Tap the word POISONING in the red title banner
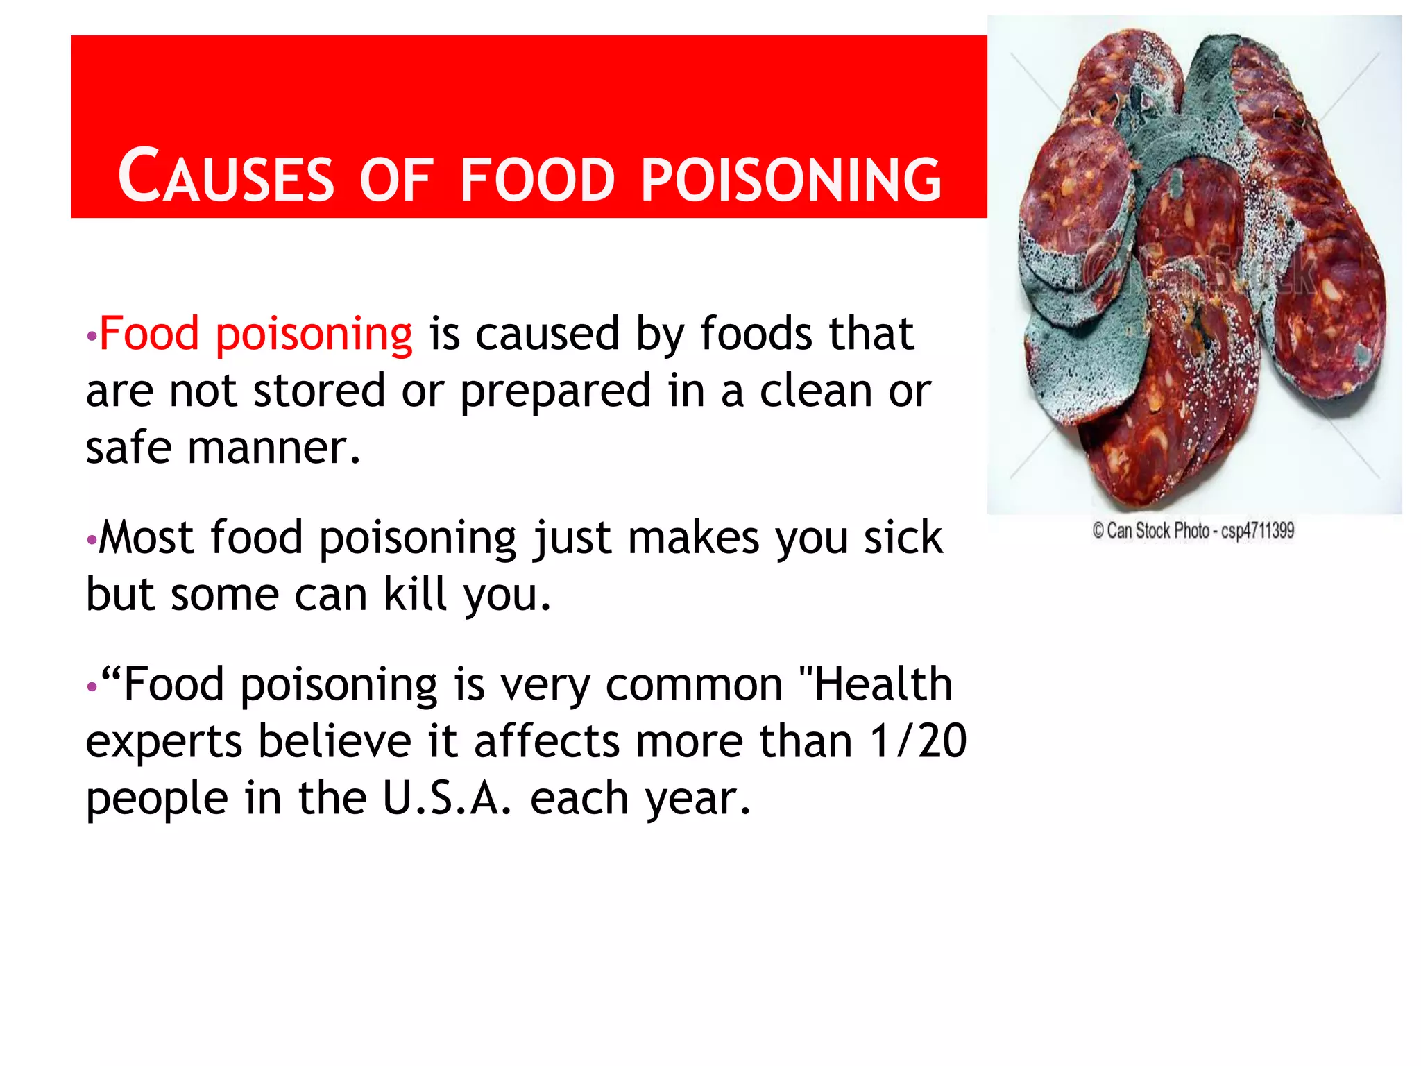coord(791,179)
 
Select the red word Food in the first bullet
coord(149,334)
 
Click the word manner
coord(274,448)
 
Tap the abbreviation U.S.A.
coord(448,798)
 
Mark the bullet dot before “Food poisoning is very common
coord(91,687)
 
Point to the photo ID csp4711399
coord(1257,532)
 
